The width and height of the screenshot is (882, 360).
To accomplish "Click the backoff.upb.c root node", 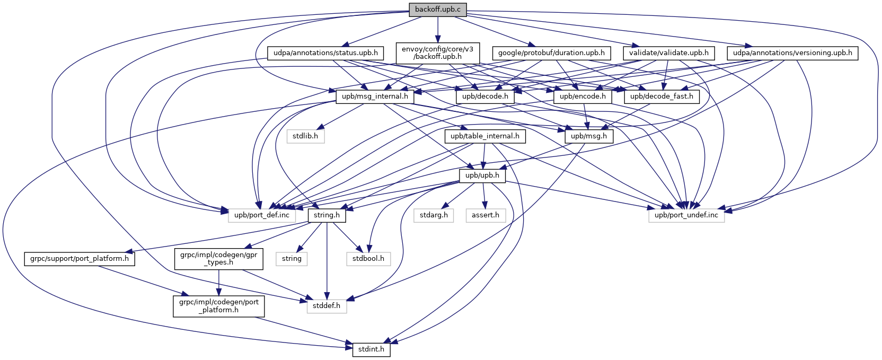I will pos(437,10).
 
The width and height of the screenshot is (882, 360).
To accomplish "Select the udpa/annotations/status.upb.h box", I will pos(325,53).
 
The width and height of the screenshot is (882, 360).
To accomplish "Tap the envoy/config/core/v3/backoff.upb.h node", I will pos(437,52).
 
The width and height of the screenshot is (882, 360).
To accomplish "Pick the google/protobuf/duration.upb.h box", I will pos(552,53).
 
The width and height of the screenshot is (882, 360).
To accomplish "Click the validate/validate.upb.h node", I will pos(669,53).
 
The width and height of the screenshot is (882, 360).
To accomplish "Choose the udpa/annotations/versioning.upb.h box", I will pos(792,53).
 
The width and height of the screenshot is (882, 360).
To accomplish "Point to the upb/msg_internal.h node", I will pos(375,96).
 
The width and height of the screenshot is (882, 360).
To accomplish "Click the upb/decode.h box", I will pos(485,96).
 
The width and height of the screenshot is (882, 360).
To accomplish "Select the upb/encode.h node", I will pos(583,96).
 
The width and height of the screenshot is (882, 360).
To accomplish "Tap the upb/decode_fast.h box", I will pos(662,96).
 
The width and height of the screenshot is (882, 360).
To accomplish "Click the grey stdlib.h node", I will pos(305,136).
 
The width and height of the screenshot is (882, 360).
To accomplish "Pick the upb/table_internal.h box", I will pos(485,136).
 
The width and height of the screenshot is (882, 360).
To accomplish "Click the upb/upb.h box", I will pos(482,175).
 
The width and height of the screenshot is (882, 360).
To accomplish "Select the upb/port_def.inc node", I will pos(262,215).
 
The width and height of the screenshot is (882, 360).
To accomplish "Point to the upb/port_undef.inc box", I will pos(686,215).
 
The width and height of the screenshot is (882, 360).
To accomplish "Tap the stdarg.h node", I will pos(434,215).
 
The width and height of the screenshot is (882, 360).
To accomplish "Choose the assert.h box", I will pos(486,215).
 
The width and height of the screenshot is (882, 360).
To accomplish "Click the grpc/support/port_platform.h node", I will pos(80,259).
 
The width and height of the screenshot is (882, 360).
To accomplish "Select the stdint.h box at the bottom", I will pos(372,350).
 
